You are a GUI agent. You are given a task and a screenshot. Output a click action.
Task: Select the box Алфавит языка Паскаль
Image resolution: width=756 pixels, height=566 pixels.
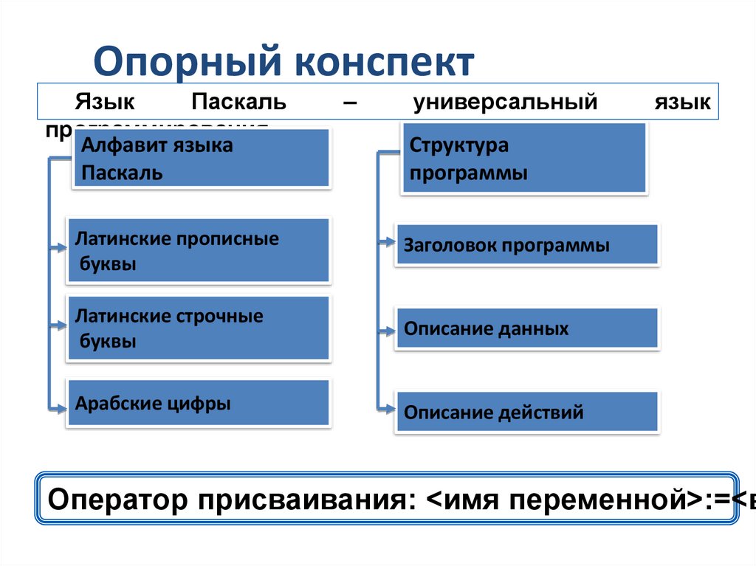tap(202, 159)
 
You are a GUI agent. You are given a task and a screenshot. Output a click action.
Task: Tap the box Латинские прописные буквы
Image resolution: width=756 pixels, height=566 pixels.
tap(199, 250)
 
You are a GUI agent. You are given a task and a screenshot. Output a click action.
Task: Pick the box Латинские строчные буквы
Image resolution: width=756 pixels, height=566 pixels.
tap(199, 328)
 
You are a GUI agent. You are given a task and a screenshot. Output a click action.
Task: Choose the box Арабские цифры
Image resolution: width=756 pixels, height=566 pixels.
tap(199, 403)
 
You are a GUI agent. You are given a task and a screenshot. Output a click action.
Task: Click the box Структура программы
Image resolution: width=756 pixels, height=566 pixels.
tap(524, 159)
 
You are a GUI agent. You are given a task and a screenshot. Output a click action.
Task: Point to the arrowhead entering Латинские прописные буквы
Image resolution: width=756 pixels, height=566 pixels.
tap(62, 249)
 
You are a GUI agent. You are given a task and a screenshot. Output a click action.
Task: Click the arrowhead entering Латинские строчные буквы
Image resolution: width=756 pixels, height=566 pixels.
tap(62, 325)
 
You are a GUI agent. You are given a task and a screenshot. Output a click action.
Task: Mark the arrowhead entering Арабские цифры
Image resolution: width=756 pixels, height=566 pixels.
tap(62, 405)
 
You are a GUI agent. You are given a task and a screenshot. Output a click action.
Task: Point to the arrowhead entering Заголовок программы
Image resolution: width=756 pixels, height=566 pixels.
tap(390, 241)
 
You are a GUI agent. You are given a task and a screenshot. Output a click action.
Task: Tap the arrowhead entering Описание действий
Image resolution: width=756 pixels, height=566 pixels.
tap(390, 406)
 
